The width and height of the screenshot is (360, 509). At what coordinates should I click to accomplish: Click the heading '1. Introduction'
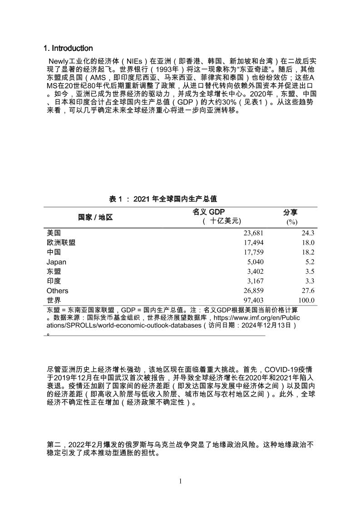click(68, 48)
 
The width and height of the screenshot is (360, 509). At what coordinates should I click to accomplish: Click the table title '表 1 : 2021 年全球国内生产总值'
click(163, 198)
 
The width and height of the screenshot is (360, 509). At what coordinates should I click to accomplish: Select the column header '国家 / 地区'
click(95, 217)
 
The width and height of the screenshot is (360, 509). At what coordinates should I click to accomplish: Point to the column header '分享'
click(291, 212)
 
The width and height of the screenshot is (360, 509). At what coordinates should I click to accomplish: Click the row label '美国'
click(54, 232)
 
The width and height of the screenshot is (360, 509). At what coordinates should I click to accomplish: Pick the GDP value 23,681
click(253, 233)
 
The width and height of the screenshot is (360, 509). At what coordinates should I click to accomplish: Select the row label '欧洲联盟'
click(61, 242)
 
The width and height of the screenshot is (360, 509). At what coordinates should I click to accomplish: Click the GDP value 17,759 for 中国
click(253, 252)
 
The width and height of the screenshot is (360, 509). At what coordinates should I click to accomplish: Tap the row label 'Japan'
click(56, 262)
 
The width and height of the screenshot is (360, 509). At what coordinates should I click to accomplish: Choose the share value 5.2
click(310, 262)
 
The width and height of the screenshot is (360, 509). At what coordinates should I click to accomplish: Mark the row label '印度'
click(54, 281)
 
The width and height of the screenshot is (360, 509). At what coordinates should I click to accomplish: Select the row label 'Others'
click(57, 291)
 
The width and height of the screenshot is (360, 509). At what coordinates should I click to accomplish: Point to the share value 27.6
click(308, 291)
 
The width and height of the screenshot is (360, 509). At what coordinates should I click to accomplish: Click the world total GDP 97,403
click(253, 301)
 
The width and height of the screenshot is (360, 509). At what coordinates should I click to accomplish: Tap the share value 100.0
click(306, 301)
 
